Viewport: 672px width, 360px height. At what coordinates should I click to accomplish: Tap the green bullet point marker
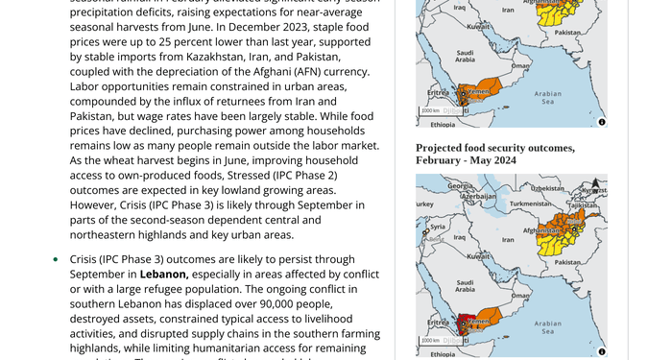pos(55,259)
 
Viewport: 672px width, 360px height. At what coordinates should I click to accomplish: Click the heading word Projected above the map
pos(444,147)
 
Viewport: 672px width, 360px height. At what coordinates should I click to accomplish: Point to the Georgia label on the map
pos(460,185)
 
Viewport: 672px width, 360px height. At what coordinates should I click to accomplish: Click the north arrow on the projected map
pos(595,183)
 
